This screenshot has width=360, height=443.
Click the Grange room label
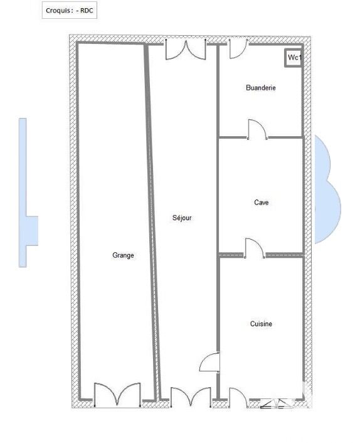(x=123, y=255)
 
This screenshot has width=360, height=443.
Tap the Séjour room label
(x=182, y=218)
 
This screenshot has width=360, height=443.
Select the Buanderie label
(x=261, y=88)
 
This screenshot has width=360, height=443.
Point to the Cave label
(x=261, y=202)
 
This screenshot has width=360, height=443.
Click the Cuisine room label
(x=261, y=324)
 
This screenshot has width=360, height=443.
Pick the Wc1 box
(x=294, y=58)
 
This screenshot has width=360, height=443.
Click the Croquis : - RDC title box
(x=70, y=11)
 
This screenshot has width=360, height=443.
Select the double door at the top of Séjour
(x=186, y=50)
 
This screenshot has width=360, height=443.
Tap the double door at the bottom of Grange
(x=117, y=395)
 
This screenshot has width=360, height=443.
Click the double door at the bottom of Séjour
(x=191, y=397)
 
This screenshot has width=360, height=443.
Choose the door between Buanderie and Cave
(x=257, y=129)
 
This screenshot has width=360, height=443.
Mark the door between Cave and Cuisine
(x=254, y=248)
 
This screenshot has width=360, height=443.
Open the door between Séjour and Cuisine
(x=209, y=362)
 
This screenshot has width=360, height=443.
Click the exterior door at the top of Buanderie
(x=238, y=48)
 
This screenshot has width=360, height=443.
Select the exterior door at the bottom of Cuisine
(x=238, y=398)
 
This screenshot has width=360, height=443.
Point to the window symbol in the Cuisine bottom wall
(x=275, y=403)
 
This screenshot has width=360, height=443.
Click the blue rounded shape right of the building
(x=327, y=189)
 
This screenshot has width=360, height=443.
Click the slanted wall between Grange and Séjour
(x=151, y=221)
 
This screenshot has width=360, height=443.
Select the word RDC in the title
(x=87, y=11)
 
